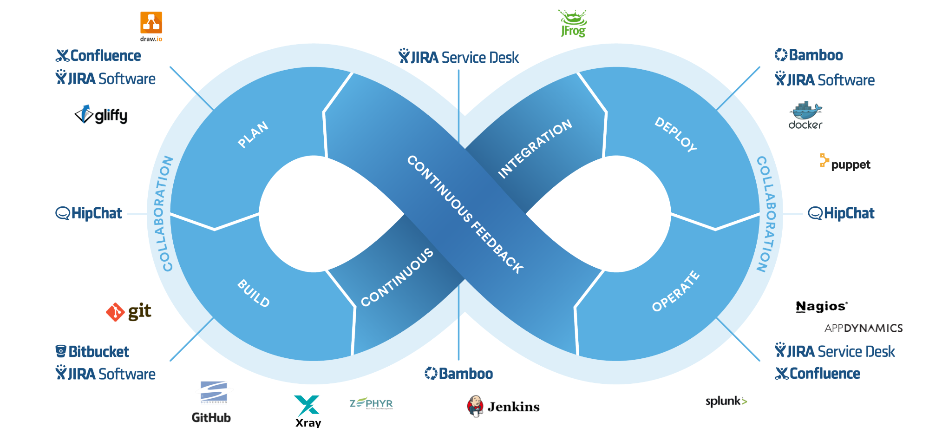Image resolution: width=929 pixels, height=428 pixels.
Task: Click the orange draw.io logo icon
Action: [151, 23]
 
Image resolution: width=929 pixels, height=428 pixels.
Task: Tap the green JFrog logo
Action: [573, 23]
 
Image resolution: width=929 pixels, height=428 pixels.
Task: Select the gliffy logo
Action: [101, 115]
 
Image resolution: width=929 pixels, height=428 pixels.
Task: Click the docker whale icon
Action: [805, 110]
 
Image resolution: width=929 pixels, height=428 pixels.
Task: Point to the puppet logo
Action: [845, 163]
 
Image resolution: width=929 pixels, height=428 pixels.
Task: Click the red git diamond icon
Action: [115, 312]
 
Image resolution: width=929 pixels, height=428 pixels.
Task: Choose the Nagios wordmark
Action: [822, 307]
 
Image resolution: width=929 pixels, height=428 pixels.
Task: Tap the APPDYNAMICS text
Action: [864, 328]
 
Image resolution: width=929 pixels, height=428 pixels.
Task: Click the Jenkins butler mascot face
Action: [475, 406]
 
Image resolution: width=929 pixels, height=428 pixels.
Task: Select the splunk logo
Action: [726, 402]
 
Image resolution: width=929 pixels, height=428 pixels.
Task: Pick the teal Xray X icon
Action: [307, 405]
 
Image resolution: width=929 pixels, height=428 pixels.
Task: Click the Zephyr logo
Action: [371, 403]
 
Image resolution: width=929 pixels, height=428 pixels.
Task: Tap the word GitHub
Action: [211, 417]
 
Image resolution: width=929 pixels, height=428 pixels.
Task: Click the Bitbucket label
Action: [92, 351]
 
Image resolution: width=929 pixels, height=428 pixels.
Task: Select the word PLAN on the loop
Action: [253, 135]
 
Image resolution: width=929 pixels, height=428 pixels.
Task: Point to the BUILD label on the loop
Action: [254, 293]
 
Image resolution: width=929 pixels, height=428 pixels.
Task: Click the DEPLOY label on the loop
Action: [676, 135]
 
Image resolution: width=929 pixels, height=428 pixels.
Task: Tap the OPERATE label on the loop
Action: [676, 291]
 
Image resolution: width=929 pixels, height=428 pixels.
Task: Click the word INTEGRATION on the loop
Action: [535, 149]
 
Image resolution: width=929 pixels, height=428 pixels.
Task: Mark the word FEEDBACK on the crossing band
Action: [497, 248]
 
